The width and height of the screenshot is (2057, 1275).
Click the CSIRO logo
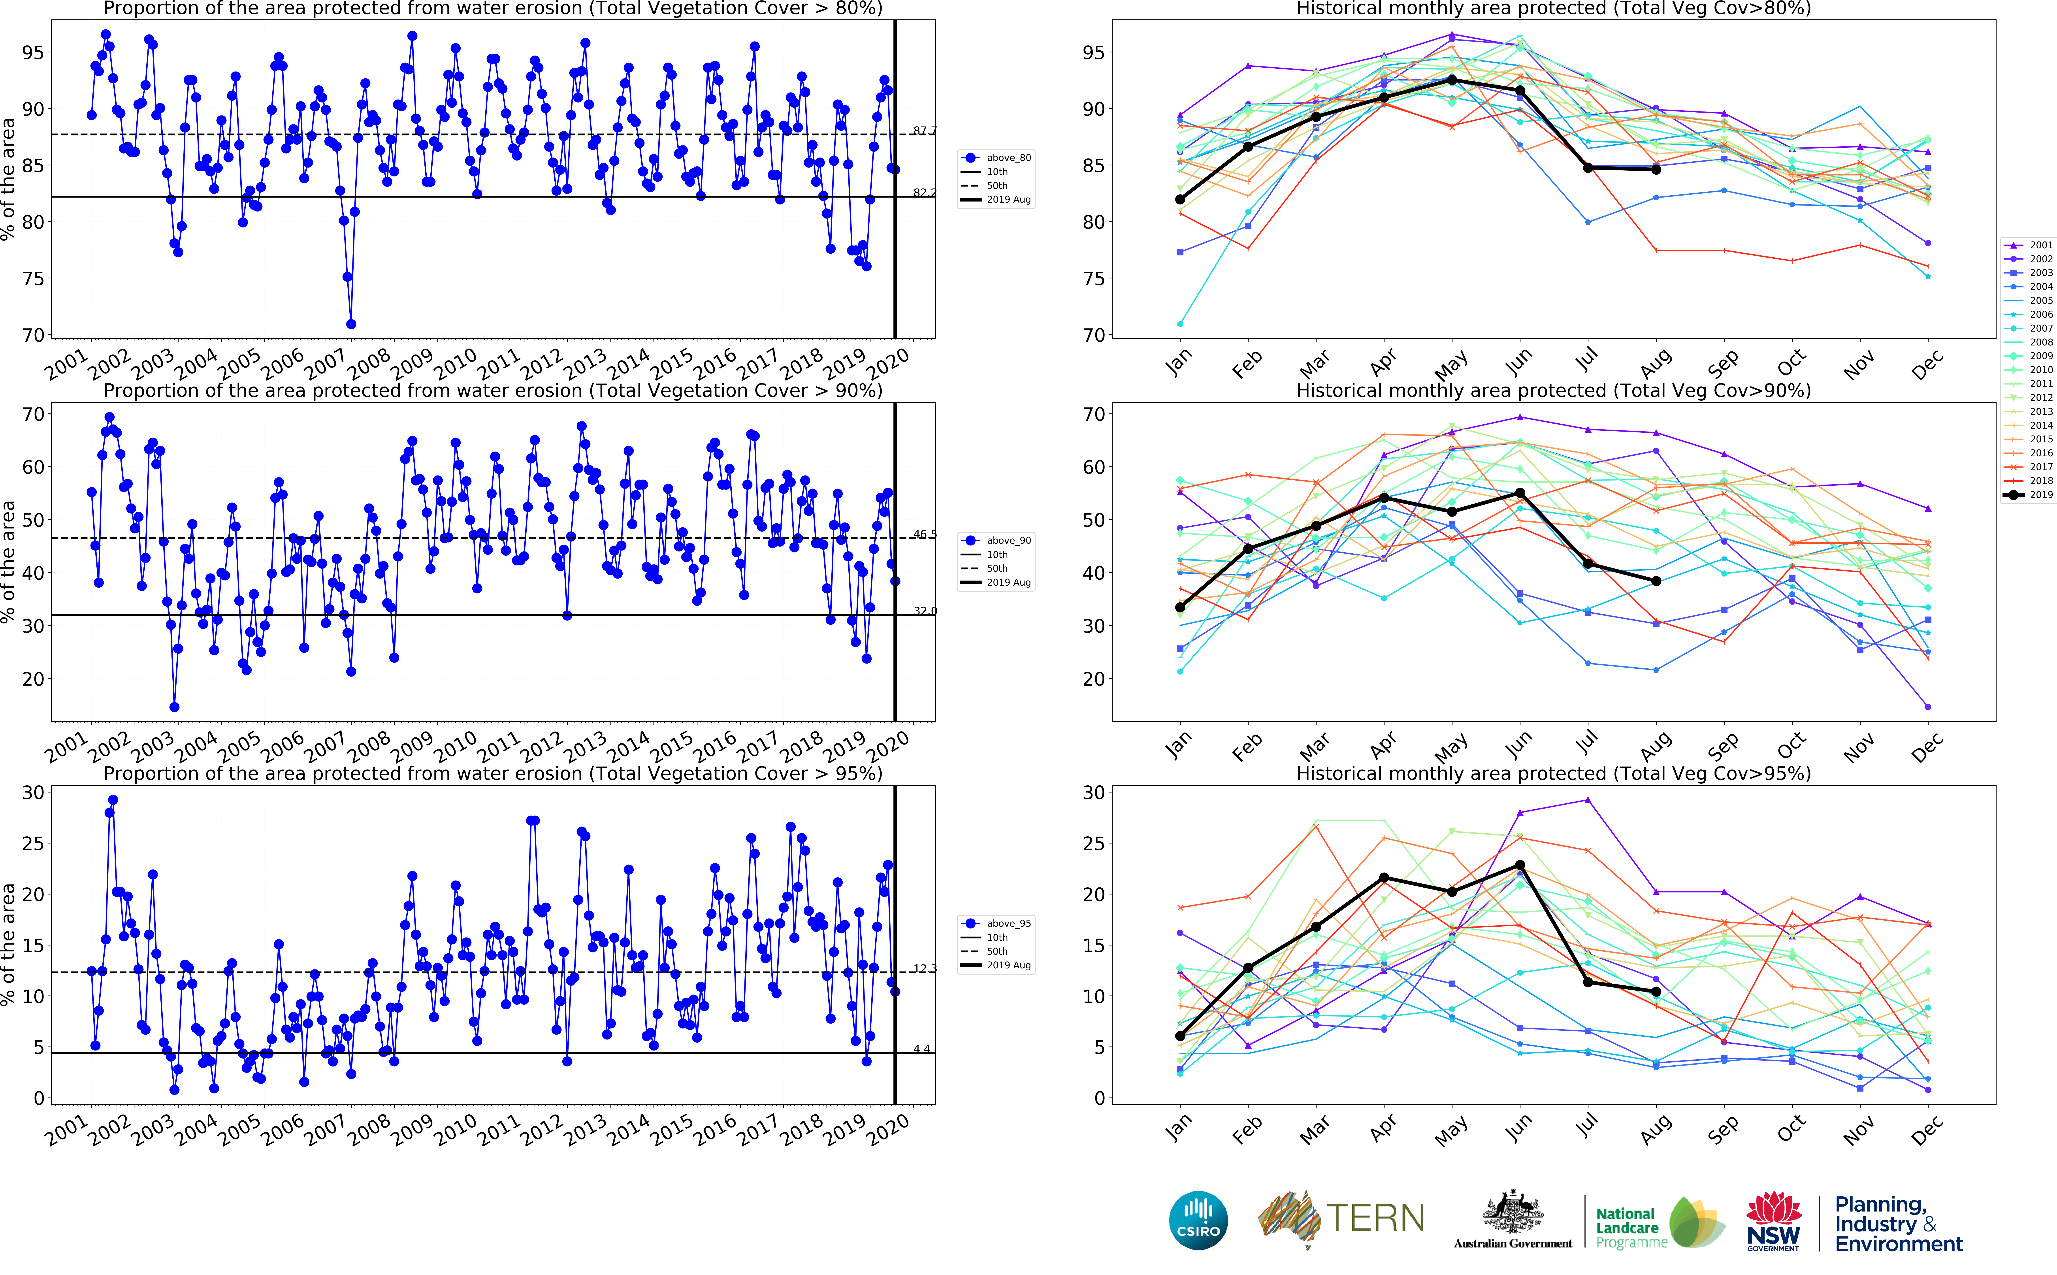[x=1198, y=1220]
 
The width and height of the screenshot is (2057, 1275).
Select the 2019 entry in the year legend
[x=2032, y=495]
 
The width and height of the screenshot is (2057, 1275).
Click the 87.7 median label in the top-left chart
[x=925, y=131]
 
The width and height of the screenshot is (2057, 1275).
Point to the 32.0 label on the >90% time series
[x=925, y=611]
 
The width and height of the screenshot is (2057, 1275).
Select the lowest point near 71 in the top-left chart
[x=351, y=324]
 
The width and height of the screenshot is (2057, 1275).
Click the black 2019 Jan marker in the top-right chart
[x=1180, y=200]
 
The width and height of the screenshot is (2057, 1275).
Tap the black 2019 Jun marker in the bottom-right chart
[x=1520, y=865]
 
